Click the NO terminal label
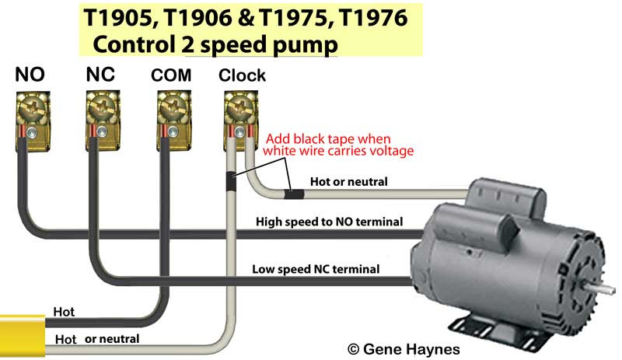coord(30,75)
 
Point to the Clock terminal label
coord(242,75)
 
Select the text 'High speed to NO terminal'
coord(329,222)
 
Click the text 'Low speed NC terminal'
coord(316,270)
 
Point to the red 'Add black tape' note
coord(339,145)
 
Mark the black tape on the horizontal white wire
coord(294,190)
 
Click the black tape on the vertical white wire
coord(231,181)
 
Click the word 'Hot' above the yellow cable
coord(64,312)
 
